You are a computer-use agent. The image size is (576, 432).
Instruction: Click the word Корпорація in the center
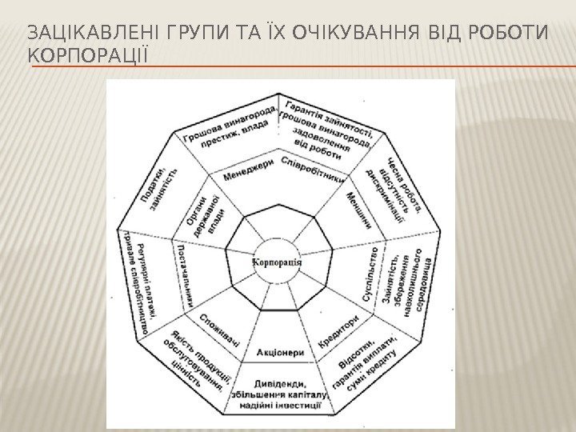[276, 263]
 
